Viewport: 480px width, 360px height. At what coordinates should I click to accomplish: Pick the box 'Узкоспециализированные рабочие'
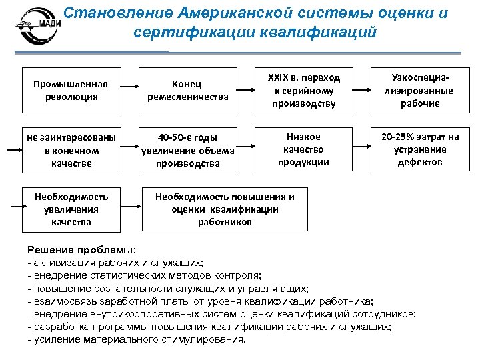pyautogui.click(x=420, y=90)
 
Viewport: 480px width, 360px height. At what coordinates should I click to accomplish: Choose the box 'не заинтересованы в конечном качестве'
pyautogui.click(x=71, y=150)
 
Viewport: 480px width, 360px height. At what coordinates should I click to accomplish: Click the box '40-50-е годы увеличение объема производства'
pyautogui.click(x=189, y=150)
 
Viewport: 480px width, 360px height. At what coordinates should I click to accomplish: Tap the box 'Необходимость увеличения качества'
pyautogui.click(x=71, y=209)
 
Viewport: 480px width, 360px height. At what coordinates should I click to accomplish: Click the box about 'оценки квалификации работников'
pyautogui.click(x=225, y=209)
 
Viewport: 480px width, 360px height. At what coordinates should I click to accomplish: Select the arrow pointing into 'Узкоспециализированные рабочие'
pyautogui.click(x=363, y=89)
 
